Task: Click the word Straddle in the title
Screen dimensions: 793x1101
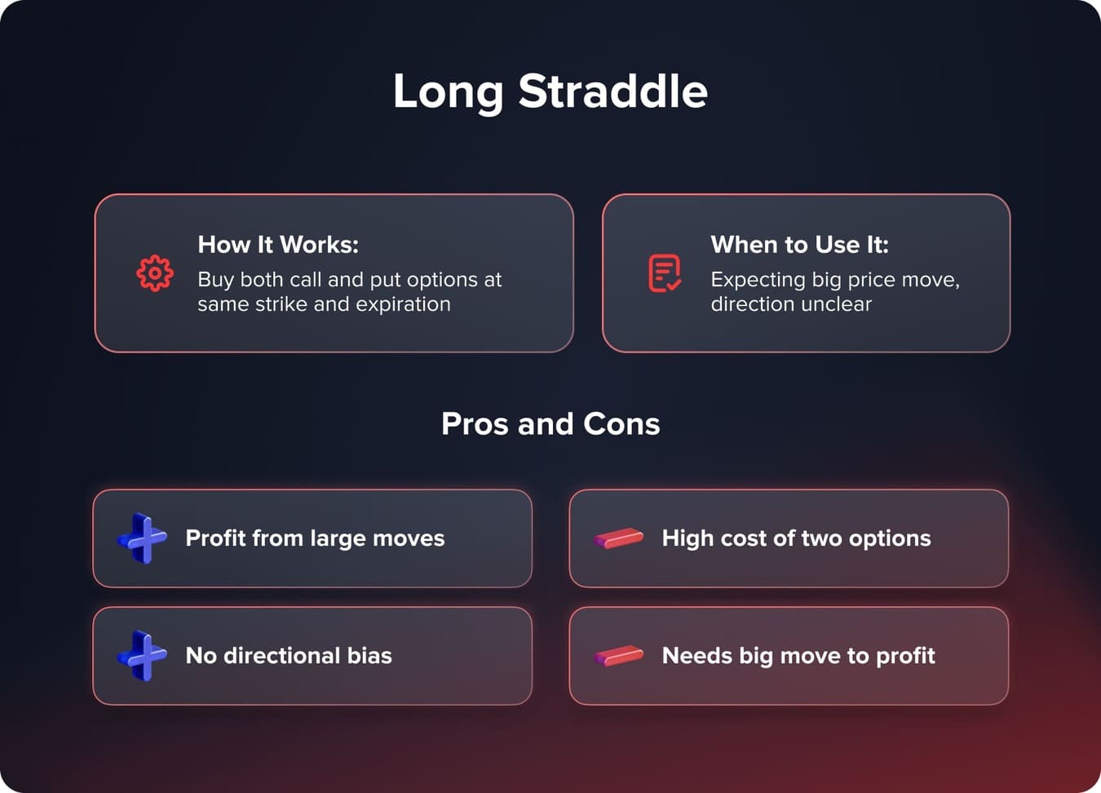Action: [x=612, y=91]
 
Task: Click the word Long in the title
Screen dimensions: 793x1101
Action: [x=448, y=92]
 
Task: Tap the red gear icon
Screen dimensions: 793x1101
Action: [x=155, y=273]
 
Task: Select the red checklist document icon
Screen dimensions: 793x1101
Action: [x=665, y=273]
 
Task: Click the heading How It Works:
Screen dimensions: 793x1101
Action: [x=278, y=245]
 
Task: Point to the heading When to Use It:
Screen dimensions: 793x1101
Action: [x=799, y=245]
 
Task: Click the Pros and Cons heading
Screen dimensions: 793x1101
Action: [x=550, y=424]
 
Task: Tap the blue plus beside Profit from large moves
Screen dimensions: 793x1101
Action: [x=143, y=538]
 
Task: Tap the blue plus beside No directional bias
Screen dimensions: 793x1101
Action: [x=143, y=655]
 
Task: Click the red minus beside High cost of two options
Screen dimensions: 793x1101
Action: [x=619, y=538]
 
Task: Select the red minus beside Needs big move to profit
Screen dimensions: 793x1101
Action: [x=619, y=656]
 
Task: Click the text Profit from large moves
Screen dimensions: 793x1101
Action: [x=315, y=538]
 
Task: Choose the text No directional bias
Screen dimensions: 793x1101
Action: [x=289, y=656]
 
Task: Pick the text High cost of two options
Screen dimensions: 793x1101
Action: [x=796, y=538]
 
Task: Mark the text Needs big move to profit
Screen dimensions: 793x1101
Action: [x=798, y=656]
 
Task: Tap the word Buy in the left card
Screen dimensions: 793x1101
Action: [x=215, y=280]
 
